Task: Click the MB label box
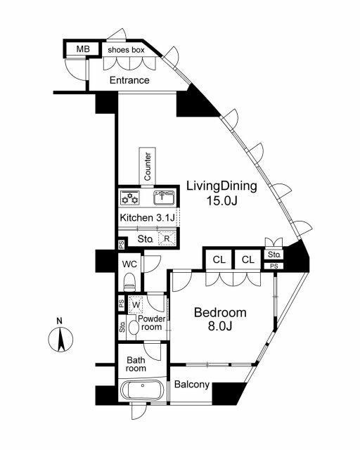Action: [x=83, y=49]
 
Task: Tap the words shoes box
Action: [x=126, y=50]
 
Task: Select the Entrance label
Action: [x=129, y=80]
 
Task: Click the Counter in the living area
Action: [x=148, y=166]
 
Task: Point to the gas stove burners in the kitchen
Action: [x=130, y=198]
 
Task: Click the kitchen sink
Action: [x=164, y=198]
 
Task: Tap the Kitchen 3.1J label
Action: [x=147, y=217]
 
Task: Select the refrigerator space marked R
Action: [x=167, y=238]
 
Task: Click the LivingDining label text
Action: [x=221, y=186]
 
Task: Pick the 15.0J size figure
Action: [x=222, y=201]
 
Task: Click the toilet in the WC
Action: [x=129, y=281]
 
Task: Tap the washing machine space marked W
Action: [x=136, y=304]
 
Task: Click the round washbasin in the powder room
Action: [x=133, y=327]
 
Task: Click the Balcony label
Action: [x=192, y=385]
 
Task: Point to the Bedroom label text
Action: [x=220, y=312]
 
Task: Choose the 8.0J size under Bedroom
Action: [x=220, y=326]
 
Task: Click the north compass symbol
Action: [x=60, y=337]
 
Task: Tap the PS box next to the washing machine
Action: [x=122, y=303]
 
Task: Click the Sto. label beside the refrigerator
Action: [x=144, y=239]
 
